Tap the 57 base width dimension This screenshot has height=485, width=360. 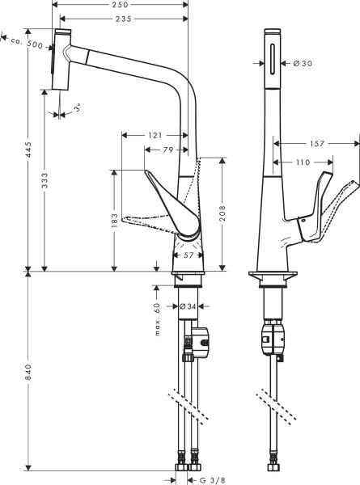pos(187,255)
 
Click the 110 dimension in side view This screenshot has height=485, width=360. pos(303,162)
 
